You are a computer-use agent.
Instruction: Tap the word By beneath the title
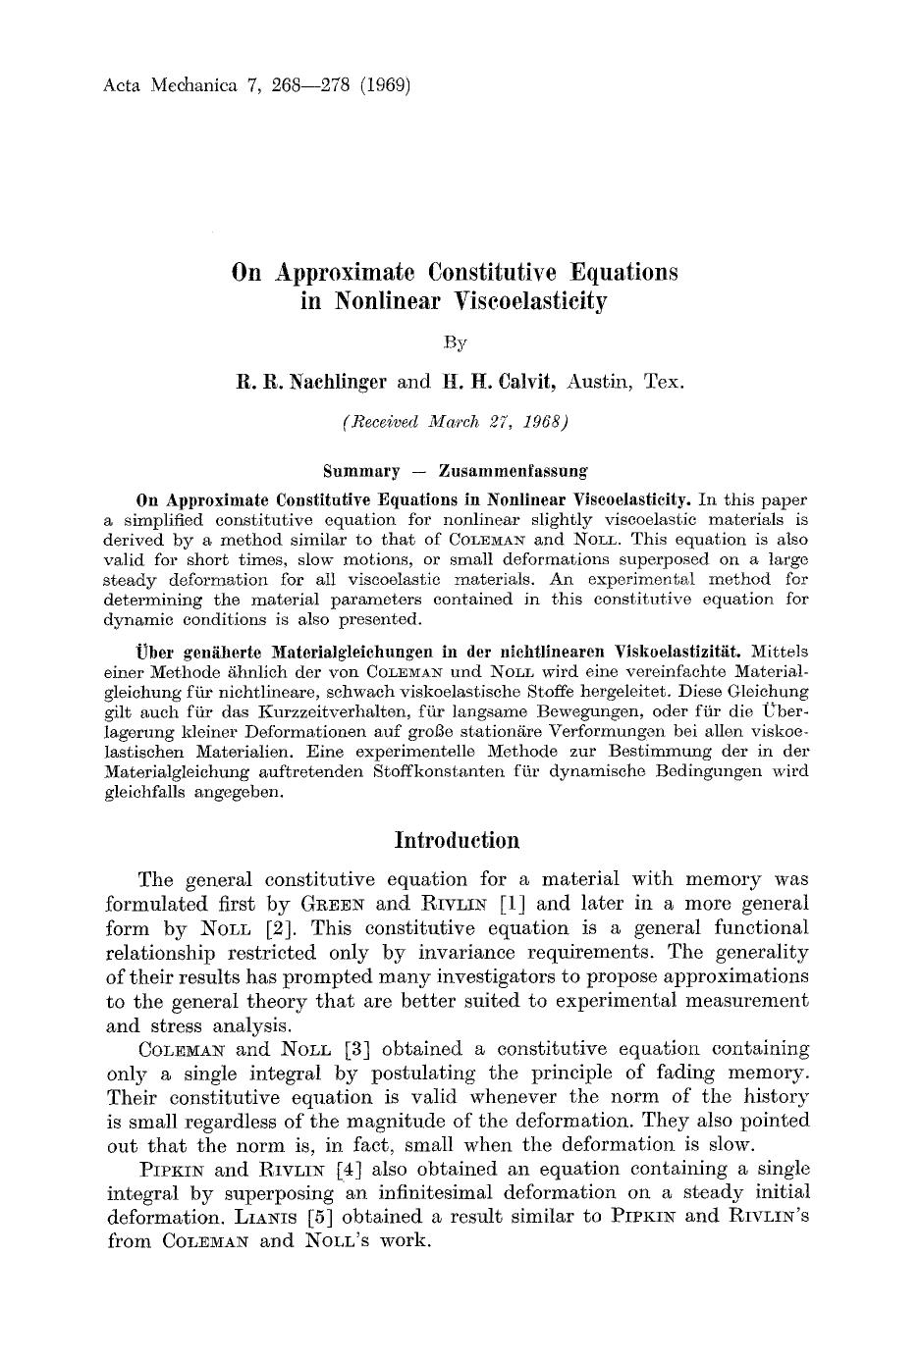coord(454,342)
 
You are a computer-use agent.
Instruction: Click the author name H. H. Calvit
coord(500,382)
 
